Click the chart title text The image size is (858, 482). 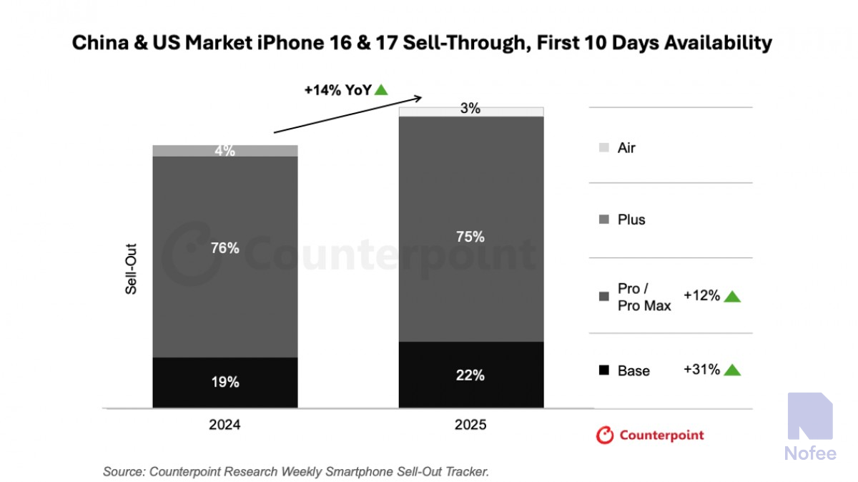(422, 43)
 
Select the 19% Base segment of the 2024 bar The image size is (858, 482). (225, 383)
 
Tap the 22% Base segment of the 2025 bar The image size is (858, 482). (470, 375)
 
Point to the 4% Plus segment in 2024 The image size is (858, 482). (225, 151)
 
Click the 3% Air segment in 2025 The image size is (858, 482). (470, 111)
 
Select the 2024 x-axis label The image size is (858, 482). (225, 425)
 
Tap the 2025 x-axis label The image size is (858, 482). (470, 425)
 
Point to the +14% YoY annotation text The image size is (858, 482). (337, 90)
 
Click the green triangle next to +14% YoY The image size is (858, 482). (382, 90)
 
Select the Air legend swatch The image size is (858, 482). (604, 148)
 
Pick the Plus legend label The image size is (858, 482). (631, 220)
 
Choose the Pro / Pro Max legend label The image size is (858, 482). (643, 297)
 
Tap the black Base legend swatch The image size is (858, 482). (604, 370)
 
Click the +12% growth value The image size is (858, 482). (701, 295)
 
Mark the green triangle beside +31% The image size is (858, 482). (732, 370)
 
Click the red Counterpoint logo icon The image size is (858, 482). (605, 435)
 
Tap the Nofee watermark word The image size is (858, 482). (810, 453)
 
